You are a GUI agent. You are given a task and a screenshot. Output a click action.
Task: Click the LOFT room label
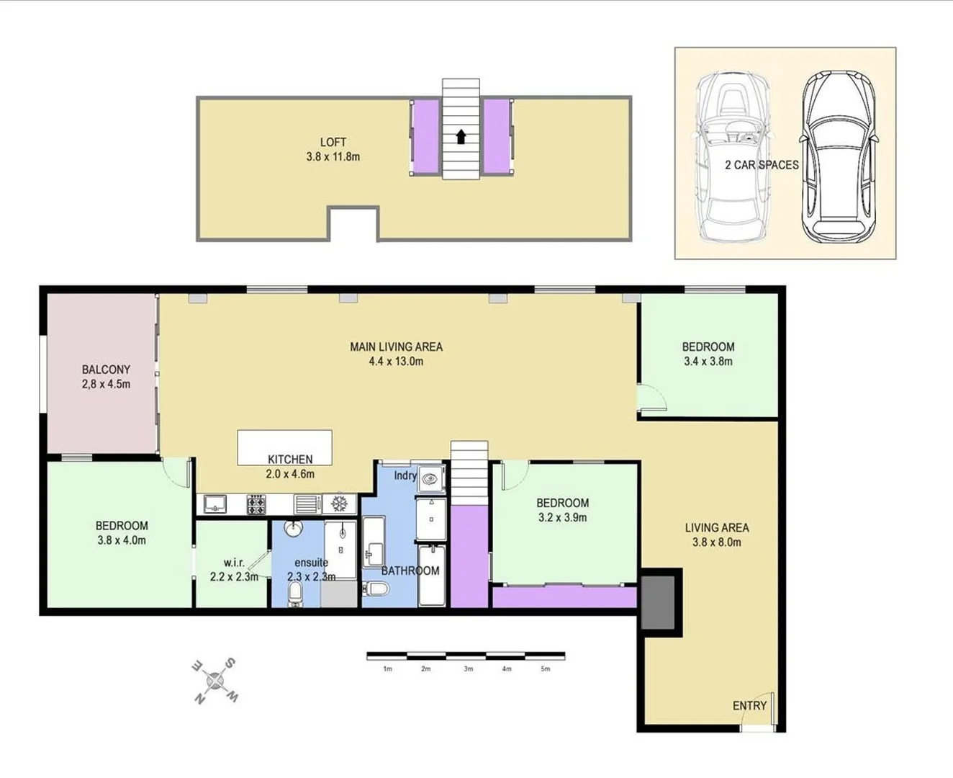[333, 142]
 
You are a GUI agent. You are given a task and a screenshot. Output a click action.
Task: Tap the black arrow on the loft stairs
[461, 136]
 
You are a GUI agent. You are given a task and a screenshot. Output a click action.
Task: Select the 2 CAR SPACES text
[762, 165]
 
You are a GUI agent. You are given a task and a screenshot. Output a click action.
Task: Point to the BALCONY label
[106, 370]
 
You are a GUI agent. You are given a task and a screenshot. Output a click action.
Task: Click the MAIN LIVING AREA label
[396, 346]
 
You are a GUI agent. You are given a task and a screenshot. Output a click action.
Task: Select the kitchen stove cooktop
[256, 504]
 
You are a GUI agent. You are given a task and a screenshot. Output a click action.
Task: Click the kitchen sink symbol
[214, 504]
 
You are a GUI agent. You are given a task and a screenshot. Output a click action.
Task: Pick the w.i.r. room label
[234, 562]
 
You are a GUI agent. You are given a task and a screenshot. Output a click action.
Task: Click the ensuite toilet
[295, 594]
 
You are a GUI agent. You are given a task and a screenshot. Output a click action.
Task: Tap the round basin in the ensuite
[294, 529]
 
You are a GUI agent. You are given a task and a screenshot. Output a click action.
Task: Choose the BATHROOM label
[410, 571]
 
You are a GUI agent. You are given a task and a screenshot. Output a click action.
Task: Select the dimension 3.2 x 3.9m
[562, 517]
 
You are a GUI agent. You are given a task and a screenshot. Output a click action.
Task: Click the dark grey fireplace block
[658, 603]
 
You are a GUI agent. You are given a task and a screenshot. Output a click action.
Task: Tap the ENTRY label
[749, 705]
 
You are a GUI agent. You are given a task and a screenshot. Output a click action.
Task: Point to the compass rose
[214, 680]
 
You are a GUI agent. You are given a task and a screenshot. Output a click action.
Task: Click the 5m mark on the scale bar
[545, 669]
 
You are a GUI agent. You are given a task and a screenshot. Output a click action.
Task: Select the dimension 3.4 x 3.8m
[708, 362]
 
